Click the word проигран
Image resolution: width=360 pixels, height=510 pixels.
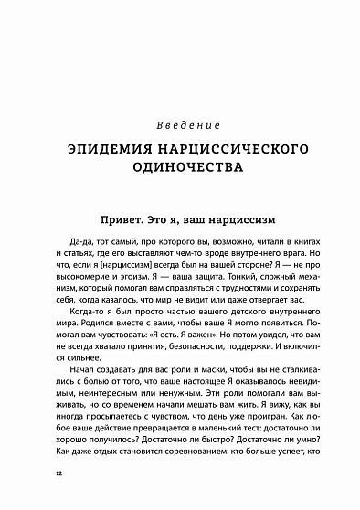click(252, 442)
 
